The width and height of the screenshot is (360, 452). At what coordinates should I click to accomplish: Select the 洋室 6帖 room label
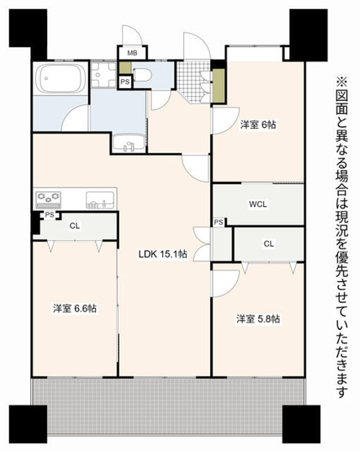pyautogui.click(x=257, y=126)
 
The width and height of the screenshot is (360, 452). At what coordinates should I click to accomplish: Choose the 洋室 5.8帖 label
pyautogui.click(x=258, y=318)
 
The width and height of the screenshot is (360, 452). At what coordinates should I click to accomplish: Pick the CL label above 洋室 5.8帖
pyautogui.click(x=269, y=244)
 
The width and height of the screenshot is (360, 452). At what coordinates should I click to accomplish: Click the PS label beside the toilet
pyautogui.click(x=125, y=82)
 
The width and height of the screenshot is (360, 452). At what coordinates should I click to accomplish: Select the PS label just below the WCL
pyautogui.click(x=219, y=222)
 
